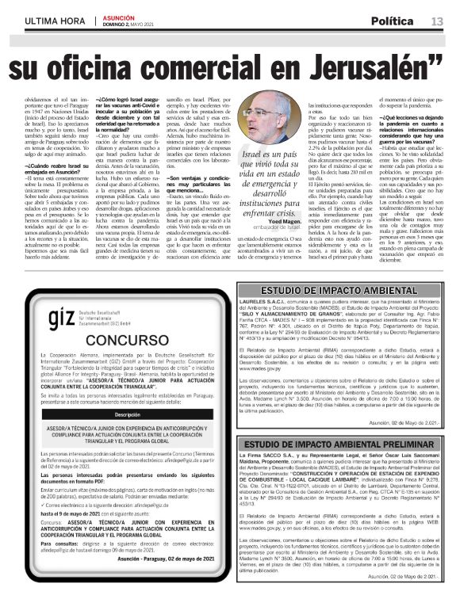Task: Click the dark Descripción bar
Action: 132,414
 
